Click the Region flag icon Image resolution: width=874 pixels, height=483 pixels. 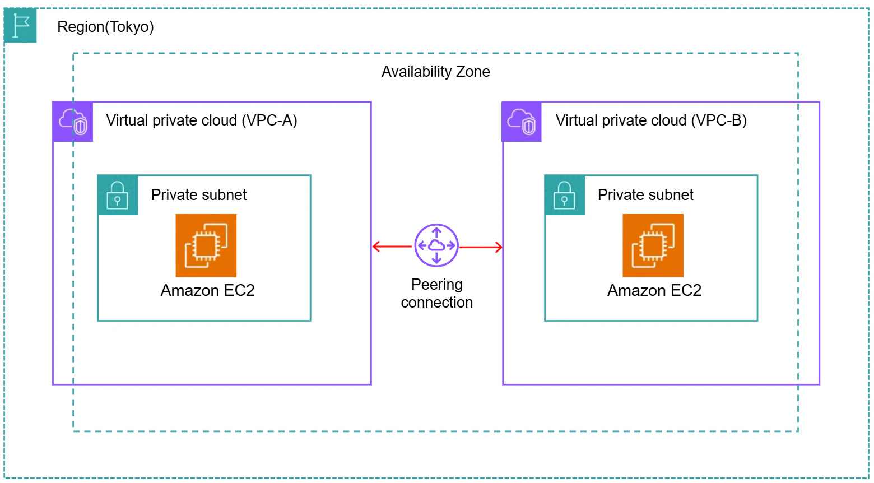tap(20, 25)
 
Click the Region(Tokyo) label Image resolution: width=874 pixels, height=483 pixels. tap(105, 27)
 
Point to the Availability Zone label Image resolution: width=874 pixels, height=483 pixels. tap(435, 72)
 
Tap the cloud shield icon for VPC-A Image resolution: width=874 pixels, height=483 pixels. tap(73, 122)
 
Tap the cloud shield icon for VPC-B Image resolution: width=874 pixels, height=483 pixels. tap(522, 122)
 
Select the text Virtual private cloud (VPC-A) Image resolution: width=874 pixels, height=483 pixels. tap(202, 120)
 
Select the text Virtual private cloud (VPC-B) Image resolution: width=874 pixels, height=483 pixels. tap(651, 120)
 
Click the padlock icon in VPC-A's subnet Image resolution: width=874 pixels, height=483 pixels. tap(118, 195)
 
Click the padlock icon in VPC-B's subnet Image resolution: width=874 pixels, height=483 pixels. tap(565, 195)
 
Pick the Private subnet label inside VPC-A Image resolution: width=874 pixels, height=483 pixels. tap(198, 194)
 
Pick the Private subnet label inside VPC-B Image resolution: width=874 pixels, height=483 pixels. tap(645, 194)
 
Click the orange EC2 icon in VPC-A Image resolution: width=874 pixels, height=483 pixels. tap(206, 245)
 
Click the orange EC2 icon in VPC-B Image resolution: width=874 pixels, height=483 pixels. tap(653, 245)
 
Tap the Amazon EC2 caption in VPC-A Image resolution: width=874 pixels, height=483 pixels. tap(207, 291)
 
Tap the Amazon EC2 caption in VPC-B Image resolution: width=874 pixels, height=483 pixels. tap(654, 291)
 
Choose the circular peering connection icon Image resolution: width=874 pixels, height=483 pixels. tap(436, 245)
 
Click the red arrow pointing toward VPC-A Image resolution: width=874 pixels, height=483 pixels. tap(392, 246)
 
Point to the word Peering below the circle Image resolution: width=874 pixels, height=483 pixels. tap(437, 285)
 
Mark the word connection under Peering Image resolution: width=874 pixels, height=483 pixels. tap(437, 303)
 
